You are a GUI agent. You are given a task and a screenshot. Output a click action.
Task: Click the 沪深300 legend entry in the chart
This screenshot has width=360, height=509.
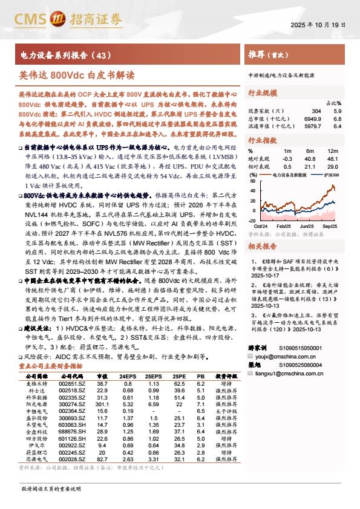(x=330, y=175)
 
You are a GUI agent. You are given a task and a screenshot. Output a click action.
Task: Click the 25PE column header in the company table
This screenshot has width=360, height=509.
(x=178, y=376)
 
